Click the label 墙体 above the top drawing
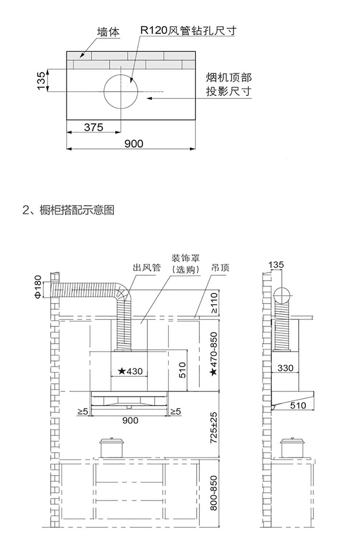(x=108, y=32)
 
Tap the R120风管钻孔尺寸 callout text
(x=188, y=31)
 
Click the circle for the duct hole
(x=120, y=91)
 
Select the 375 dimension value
(x=94, y=127)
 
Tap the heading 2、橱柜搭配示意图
(x=69, y=210)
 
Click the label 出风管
(x=146, y=267)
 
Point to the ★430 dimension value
(x=130, y=371)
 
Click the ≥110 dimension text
(x=214, y=303)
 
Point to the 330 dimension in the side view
(x=285, y=368)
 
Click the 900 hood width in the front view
(x=130, y=420)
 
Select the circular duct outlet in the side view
(x=283, y=295)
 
